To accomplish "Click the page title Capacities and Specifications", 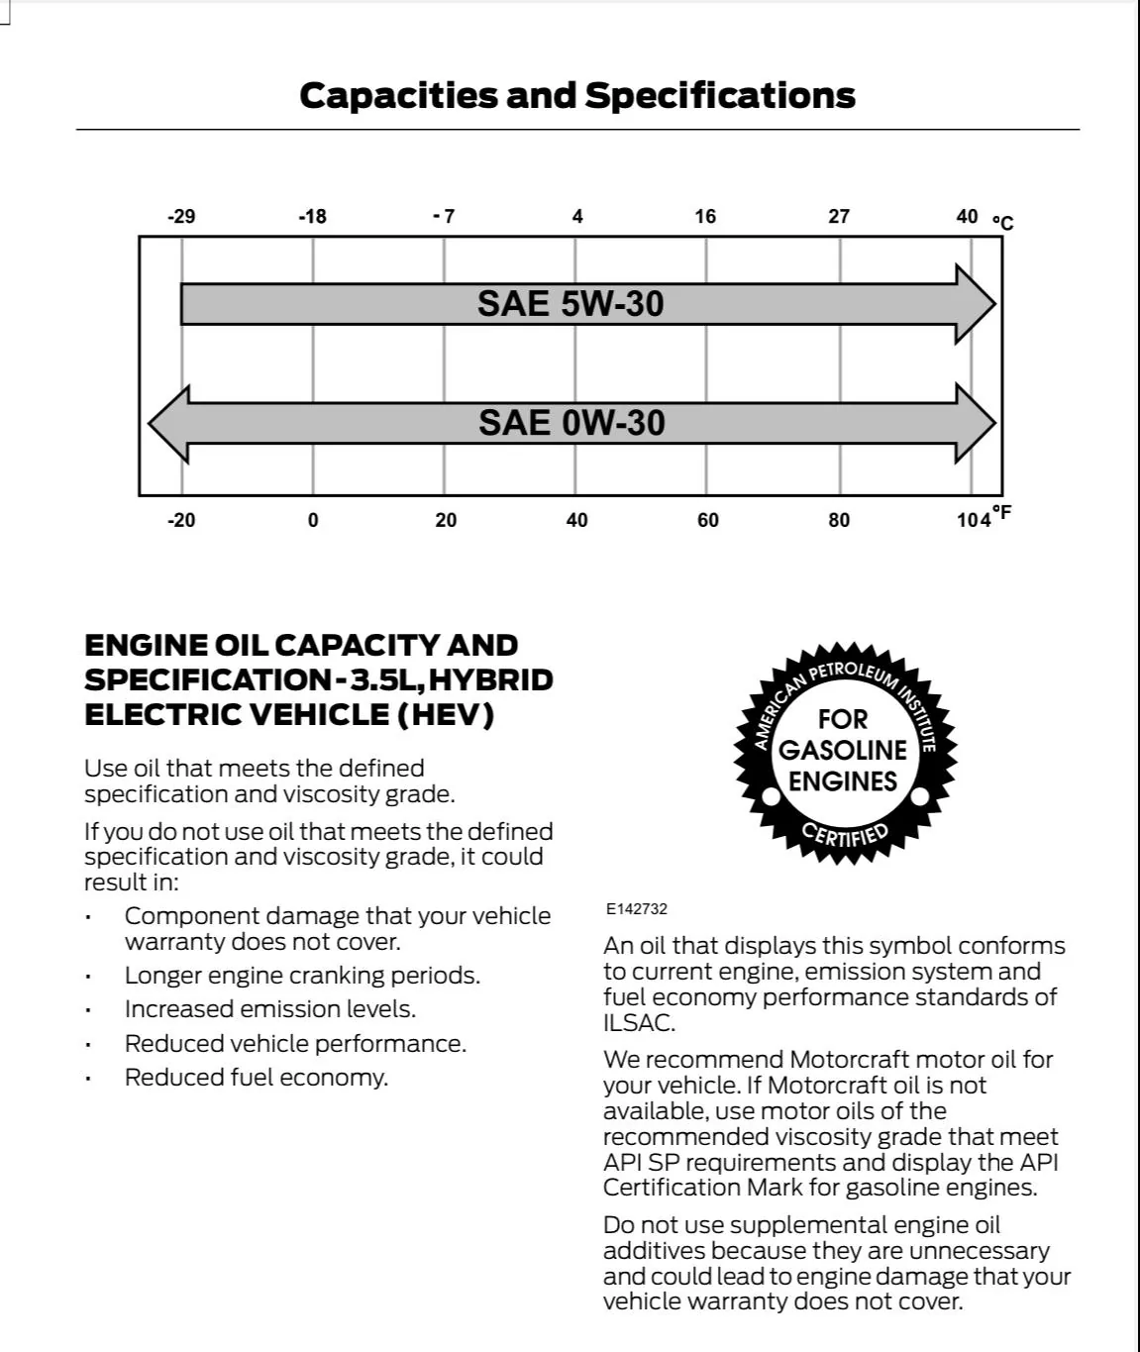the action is (x=576, y=95).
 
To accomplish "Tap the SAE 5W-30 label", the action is (x=570, y=303).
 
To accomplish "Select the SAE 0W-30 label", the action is (x=571, y=423).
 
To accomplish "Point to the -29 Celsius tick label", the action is (x=181, y=216).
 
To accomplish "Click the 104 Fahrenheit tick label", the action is (x=974, y=520).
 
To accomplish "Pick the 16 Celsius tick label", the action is (x=705, y=216).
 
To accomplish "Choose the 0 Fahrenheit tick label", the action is (x=313, y=520).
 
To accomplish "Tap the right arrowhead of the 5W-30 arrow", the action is (x=975, y=304).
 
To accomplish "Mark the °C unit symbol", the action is (x=1003, y=222).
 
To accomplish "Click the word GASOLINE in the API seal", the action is (x=843, y=750).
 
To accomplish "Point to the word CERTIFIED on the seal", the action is (x=845, y=834).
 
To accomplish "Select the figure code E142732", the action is (x=637, y=908).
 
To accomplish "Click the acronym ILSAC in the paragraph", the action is (x=639, y=1023).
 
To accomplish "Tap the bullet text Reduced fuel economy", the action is (x=256, y=1077).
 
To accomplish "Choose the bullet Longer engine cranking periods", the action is (x=302, y=976).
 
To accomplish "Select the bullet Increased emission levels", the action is (x=269, y=1009).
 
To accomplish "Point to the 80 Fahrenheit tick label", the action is (x=839, y=520).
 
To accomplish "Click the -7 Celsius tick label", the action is (x=444, y=216).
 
